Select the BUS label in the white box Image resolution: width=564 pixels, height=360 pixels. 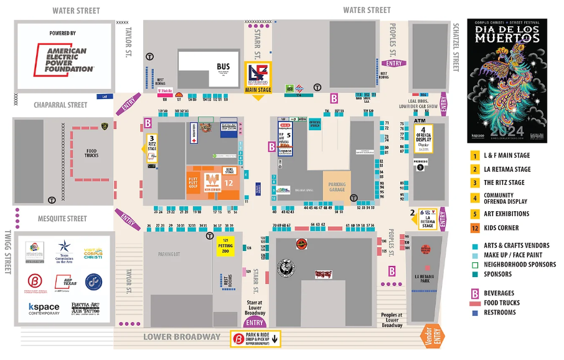[223, 67]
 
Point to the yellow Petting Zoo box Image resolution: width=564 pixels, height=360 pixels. [227, 247]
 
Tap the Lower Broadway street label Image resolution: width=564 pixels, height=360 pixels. [182, 337]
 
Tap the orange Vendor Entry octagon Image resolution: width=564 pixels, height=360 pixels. [433, 336]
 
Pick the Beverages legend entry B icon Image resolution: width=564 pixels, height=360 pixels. [474, 293]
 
